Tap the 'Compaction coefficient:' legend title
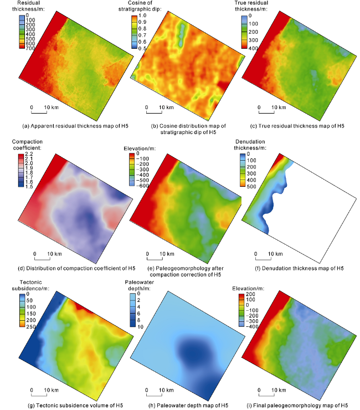point(27,141)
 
